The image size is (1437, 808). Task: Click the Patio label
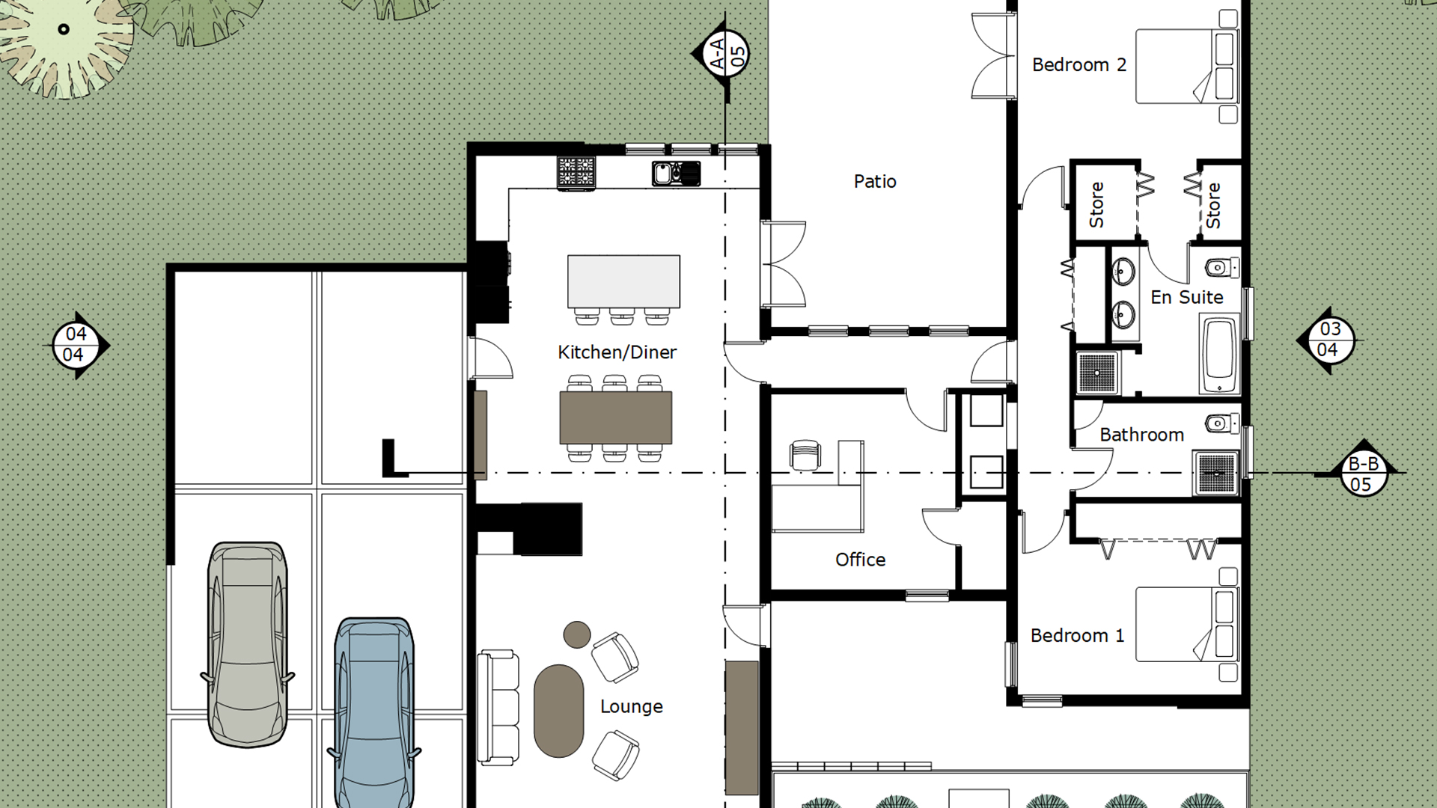pyautogui.click(x=875, y=181)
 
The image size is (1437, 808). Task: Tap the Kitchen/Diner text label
pyautogui.click(x=617, y=352)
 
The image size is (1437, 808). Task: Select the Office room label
pyautogui.click(x=860, y=560)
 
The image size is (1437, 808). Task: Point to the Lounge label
pyautogui.click(x=631, y=706)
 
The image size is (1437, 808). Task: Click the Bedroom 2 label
pyautogui.click(x=1078, y=65)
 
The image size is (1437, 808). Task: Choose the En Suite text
pyautogui.click(x=1186, y=297)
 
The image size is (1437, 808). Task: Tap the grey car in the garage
pyautogui.click(x=247, y=644)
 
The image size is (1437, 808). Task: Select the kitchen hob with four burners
pyautogui.click(x=576, y=173)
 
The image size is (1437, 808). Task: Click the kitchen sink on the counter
pyautogui.click(x=676, y=174)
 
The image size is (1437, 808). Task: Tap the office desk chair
pyautogui.click(x=805, y=455)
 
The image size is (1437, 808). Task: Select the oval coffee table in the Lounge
pyautogui.click(x=558, y=711)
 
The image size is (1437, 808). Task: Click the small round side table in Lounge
pyautogui.click(x=577, y=634)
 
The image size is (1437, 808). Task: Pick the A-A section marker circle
pyautogui.click(x=724, y=54)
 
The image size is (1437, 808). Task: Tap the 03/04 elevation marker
pyautogui.click(x=1329, y=340)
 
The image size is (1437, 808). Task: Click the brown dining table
pyautogui.click(x=615, y=417)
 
